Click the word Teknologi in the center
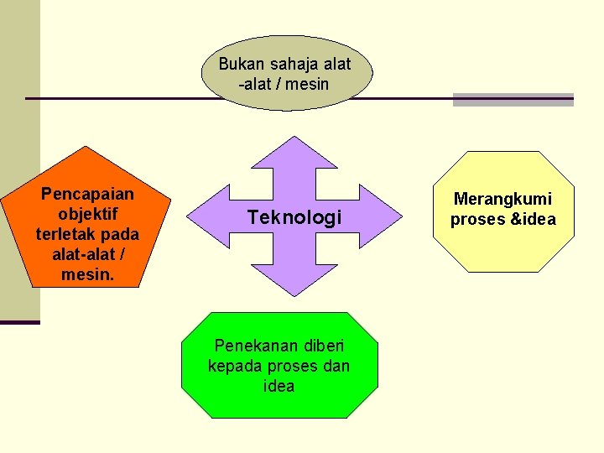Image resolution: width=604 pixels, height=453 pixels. click(x=294, y=218)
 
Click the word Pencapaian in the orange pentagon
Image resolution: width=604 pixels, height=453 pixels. click(x=87, y=195)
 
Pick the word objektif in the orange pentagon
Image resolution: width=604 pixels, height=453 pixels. click(x=87, y=214)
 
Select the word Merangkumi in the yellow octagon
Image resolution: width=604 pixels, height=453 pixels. click(x=503, y=199)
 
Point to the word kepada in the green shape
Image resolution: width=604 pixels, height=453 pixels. click(x=234, y=366)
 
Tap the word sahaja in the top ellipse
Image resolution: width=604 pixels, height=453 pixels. click(x=289, y=64)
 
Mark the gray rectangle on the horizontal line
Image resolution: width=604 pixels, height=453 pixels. click(x=513, y=99)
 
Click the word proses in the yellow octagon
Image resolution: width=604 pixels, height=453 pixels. click(x=478, y=220)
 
